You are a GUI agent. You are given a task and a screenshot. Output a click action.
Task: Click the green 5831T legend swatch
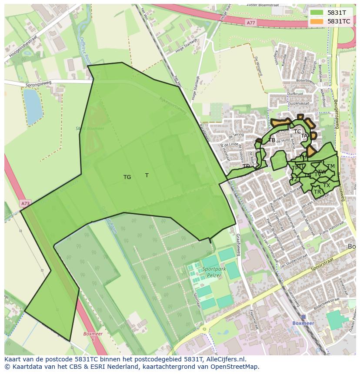click(317, 13)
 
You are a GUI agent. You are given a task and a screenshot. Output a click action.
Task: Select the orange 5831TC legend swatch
click(317, 21)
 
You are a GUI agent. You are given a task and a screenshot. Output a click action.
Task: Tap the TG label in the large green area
click(127, 177)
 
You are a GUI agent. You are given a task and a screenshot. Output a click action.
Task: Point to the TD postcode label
click(246, 166)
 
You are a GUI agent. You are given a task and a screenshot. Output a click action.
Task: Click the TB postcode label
click(272, 140)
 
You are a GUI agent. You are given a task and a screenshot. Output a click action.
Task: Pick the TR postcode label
click(317, 192)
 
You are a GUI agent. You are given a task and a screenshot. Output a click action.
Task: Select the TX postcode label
click(327, 185)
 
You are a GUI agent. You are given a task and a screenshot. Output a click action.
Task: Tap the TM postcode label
click(331, 166)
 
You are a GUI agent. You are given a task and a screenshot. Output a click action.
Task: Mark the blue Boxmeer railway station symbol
click(303, 317)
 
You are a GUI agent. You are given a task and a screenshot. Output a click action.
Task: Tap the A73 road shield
click(25, 203)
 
